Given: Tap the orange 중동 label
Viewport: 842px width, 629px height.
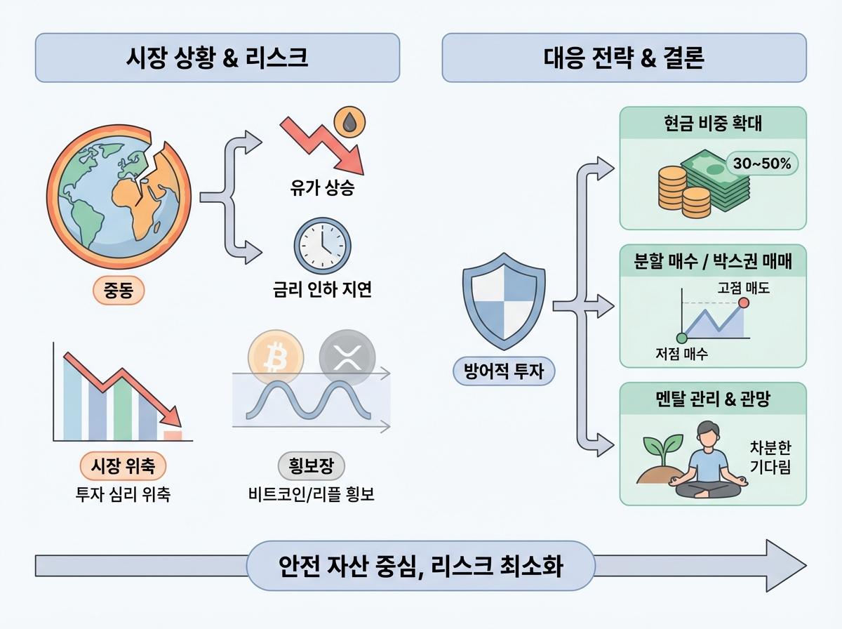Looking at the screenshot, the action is (x=119, y=290).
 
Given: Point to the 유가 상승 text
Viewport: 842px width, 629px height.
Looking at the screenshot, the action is (x=323, y=188).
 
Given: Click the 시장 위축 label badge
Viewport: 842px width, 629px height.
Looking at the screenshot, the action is (x=123, y=466).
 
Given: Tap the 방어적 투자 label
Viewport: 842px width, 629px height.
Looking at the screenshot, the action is (x=504, y=370).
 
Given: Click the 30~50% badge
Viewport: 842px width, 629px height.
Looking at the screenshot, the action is (x=761, y=164).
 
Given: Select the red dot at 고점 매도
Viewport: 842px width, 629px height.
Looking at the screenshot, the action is (x=743, y=303).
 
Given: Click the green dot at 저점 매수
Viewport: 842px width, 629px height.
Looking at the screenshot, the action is (x=681, y=338).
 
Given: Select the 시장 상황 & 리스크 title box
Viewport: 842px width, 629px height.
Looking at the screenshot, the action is (x=217, y=58).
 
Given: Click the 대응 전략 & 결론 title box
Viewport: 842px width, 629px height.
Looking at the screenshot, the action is (x=624, y=58).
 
